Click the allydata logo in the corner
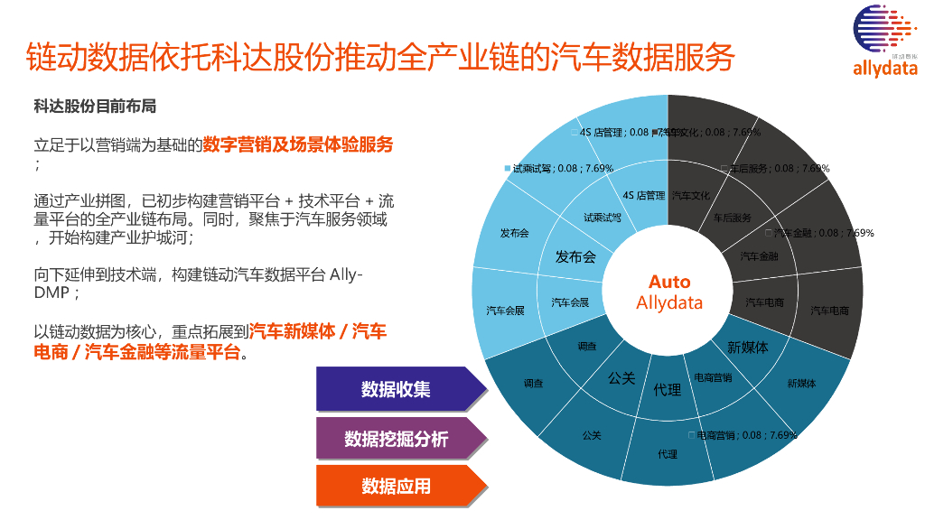[x=883, y=42]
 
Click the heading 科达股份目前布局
[x=95, y=107]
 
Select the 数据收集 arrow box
[x=396, y=389]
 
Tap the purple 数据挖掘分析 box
[x=396, y=440]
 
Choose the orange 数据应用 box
[x=396, y=486]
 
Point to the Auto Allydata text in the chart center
[x=668, y=292]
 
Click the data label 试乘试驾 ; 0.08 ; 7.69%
[x=563, y=168]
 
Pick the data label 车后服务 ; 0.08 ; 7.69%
[x=779, y=168]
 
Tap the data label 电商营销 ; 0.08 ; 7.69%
[x=746, y=434]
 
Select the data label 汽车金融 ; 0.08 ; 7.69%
[x=823, y=233]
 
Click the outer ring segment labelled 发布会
[x=514, y=233]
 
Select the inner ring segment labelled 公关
[x=621, y=377]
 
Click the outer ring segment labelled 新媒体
[x=801, y=383]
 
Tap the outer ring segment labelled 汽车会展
[x=505, y=311]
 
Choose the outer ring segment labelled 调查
[x=533, y=383]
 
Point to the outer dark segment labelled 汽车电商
[x=828, y=311]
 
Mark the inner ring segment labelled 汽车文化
[x=691, y=194]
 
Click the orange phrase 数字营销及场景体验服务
[x=298, y=144]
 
